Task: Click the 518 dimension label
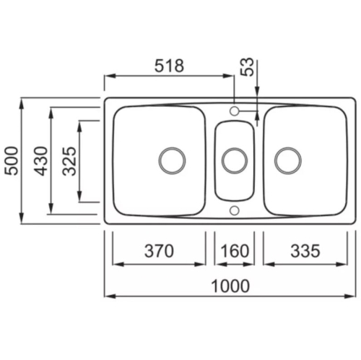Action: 169,66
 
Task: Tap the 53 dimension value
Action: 248,67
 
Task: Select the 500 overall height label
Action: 12,160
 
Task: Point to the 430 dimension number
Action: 40,161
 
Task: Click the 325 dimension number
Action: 69,160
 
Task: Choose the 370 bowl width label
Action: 159,251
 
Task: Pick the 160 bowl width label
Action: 235,251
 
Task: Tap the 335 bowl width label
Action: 305,251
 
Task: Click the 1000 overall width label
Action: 230,286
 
